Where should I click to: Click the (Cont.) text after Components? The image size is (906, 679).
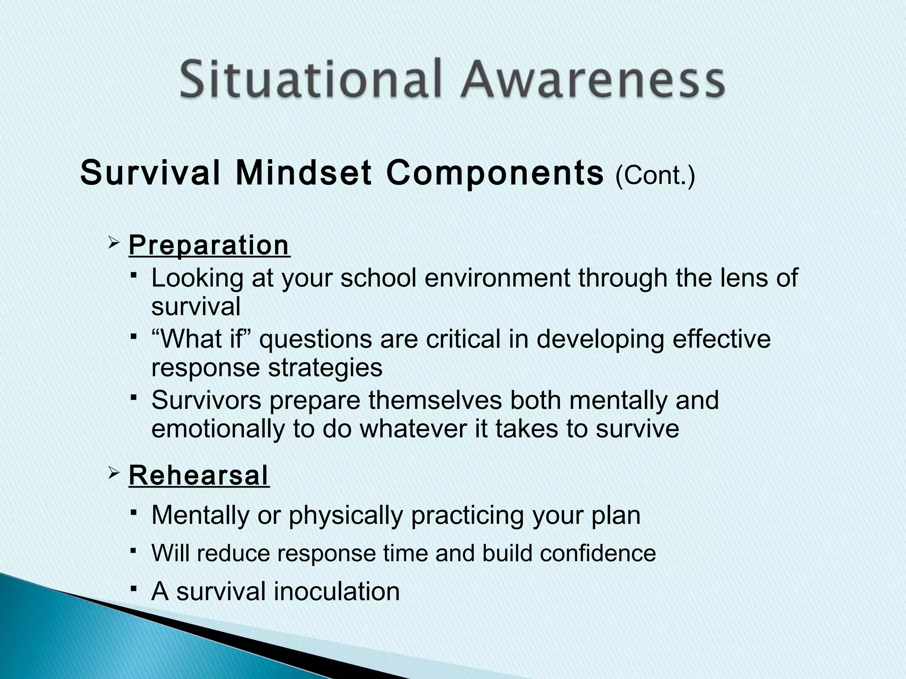655,175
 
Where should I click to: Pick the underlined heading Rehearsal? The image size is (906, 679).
199,475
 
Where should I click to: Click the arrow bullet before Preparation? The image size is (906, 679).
114,243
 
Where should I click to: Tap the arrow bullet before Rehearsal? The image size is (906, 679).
114,473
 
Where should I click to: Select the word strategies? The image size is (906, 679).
326,368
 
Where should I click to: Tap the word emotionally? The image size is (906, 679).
218,429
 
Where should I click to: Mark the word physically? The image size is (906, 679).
346,515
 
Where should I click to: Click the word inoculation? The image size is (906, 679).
337,591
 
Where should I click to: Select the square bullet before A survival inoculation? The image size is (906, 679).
133,588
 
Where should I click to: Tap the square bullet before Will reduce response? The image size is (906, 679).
133,550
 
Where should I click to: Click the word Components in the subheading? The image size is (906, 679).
495,173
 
